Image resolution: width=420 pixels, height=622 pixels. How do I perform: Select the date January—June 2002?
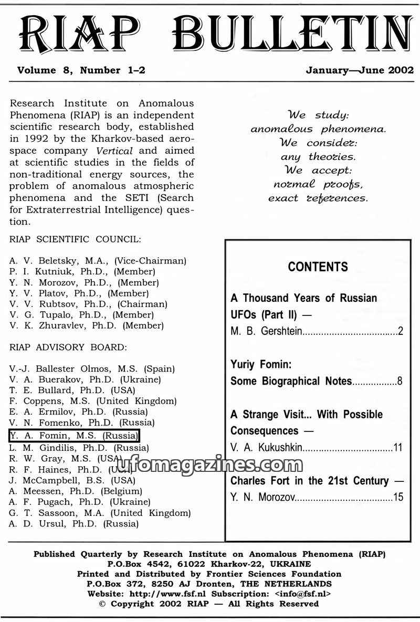pos(360,70)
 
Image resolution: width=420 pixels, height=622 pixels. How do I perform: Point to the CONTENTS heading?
pos(318,267)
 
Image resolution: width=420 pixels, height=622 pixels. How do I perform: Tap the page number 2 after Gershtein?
pos(400,331)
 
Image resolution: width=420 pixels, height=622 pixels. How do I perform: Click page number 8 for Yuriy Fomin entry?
pos(400,381)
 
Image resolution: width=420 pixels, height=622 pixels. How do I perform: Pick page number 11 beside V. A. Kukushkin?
pos(398,448)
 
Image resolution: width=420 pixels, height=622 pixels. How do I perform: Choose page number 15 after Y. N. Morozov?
pos(398,497)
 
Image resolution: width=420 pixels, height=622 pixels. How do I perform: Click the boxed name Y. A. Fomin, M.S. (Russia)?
pos(74,435)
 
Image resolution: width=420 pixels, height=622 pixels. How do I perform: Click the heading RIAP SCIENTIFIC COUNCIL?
pos(75,239)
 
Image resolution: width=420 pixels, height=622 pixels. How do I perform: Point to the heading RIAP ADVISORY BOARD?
pos(68,347)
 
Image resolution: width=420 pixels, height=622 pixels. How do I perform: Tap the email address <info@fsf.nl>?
pos(302,594)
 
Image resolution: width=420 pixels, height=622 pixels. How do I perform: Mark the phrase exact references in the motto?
pos(318,198)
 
